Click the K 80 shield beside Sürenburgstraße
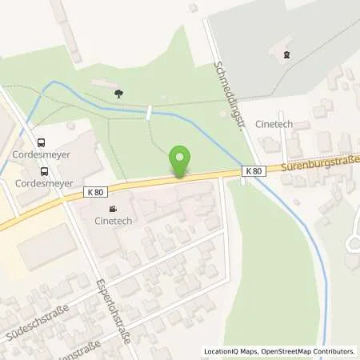click(x=254, y=171)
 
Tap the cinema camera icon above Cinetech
click(x=112, y=209)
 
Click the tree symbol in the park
click(x=118, y=93)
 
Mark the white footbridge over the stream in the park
click(x=149, y=114)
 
